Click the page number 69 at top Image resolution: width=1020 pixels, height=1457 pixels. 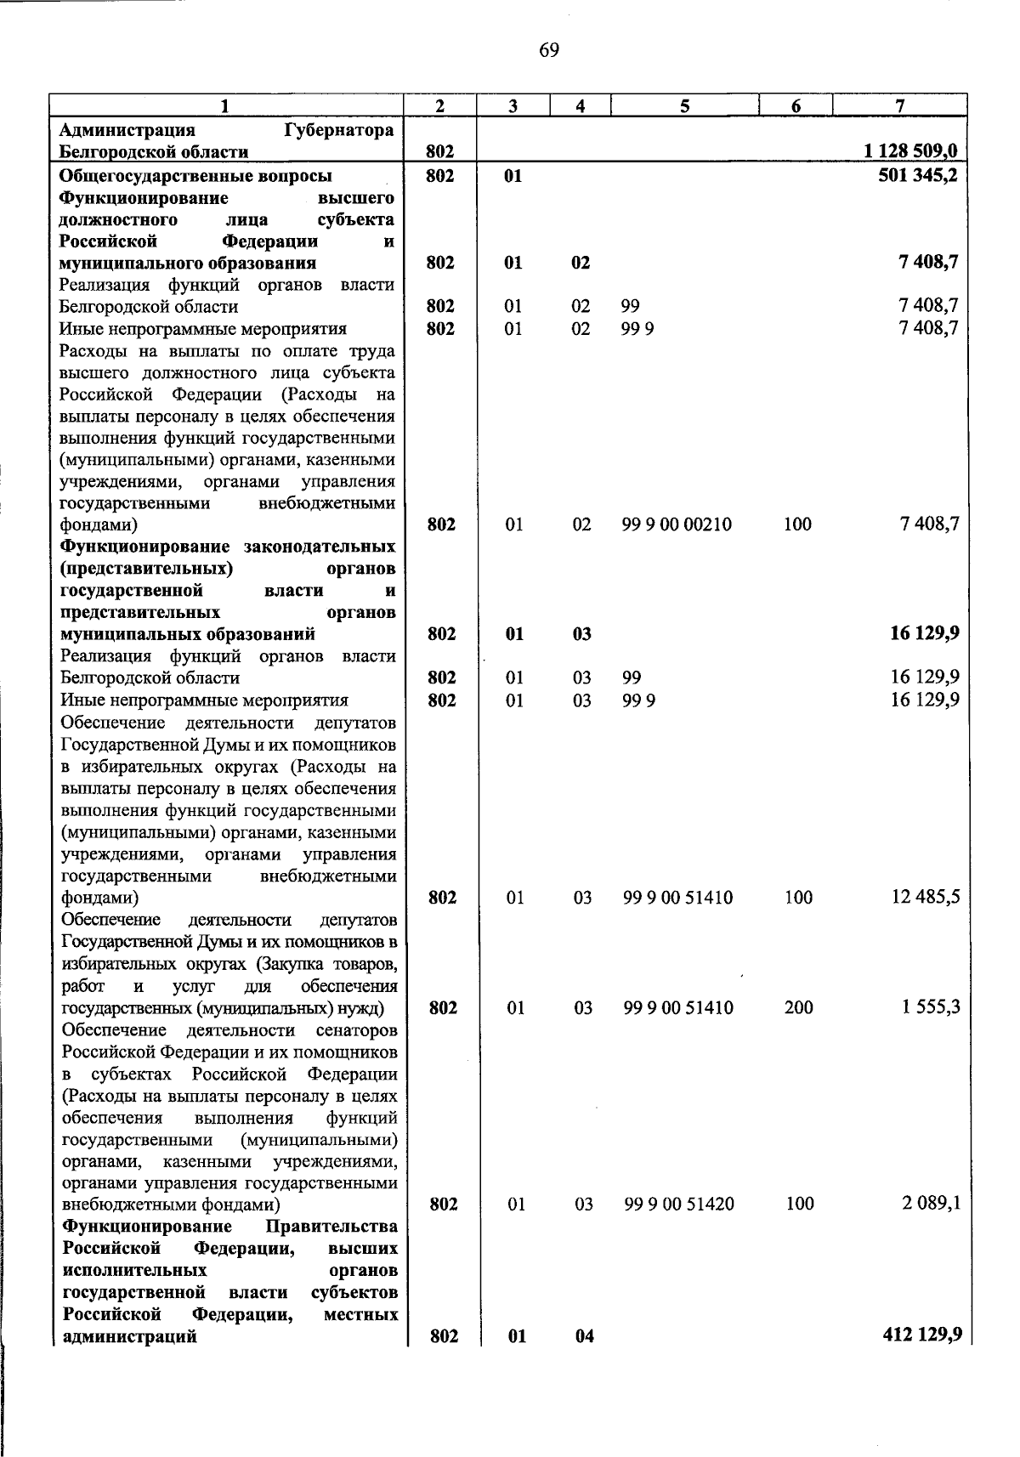[x=548, y=51]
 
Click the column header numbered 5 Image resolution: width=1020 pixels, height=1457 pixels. [x=684, y=105]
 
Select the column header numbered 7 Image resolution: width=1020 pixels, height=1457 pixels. [x=899, y=105]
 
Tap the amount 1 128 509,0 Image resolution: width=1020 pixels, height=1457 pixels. [x=910, y=152]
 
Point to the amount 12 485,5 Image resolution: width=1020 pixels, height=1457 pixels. [x=926, y=897]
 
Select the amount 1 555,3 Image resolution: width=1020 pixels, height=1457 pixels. [x=931, y=1007]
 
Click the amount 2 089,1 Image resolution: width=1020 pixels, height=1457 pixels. [x=931, y=1203]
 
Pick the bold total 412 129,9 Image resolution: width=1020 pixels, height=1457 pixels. [x=922, y=1335]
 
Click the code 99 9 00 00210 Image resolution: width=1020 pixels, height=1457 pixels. [x=677, y=524]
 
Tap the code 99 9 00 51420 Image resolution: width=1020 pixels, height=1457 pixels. [x=678, y=1204]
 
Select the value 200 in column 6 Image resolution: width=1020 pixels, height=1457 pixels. [x=798, y=1008]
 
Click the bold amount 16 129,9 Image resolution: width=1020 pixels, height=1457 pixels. [x=921, y=633]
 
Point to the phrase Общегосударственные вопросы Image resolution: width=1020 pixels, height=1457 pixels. [x=195, y=176]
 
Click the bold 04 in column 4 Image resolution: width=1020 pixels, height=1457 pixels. [x=584, y=1336]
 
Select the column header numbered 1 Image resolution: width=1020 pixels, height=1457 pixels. [x=224, y=105]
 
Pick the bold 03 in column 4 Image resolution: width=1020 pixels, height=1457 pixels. [x=581, y=634]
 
